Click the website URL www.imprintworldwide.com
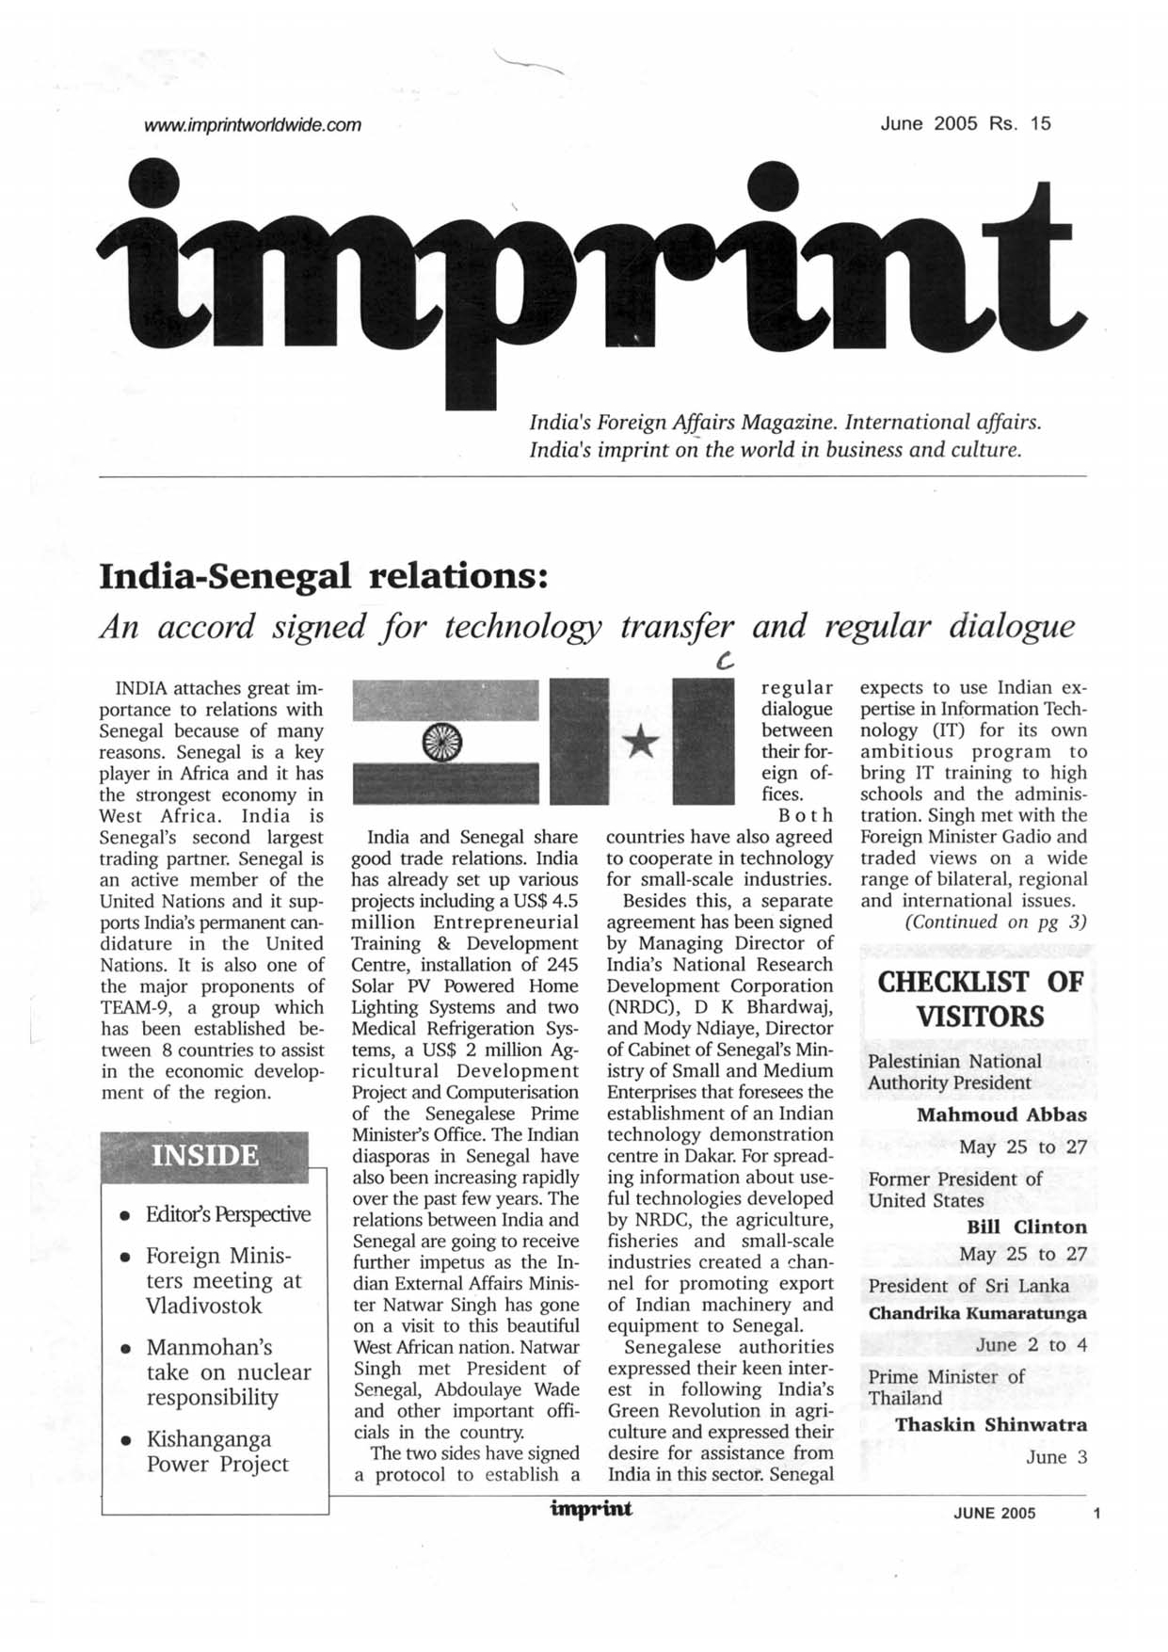[252, 124]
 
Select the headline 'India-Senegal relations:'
[324, 575]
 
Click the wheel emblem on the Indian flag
[443, 743]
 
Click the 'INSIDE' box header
[204, 1155]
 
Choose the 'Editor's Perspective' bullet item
[228, 1214]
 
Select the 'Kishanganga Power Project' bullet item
[217, 1452]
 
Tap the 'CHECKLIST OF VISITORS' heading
[980, 999]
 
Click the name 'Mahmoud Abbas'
[1001, 1115]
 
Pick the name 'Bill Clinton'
[1026, 1227]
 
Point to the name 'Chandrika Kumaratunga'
[977, 1313]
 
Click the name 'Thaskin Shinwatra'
[990, 1424]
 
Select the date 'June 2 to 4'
[1031, 1345]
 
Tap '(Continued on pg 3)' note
[995, 922]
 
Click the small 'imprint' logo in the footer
[591, 1510]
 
